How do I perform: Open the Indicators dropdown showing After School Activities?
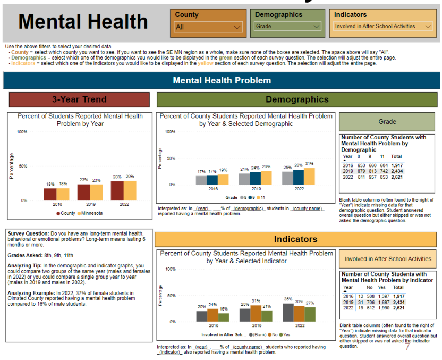pyautogui.click(x=382, y=26)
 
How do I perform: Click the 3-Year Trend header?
pyautogui.click(x=79, y=99)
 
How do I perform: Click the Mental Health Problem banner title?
pyautogui.click(x=222, y=81)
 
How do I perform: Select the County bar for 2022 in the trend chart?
pyautogui.click(x=117, y=190)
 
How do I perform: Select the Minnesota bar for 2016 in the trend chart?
pyautogui.click(x=63, y=194)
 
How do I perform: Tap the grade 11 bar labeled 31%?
pyautogui.click(x=309, y=176)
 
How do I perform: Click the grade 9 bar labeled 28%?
pyautogui.click(x=299, y=177)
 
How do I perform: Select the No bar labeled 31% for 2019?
pyautogui.click(x=256, y=313)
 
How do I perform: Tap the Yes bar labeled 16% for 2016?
pyautogui.click(x=223, y=317)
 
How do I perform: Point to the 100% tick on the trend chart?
pyautogui.click(x=22, y=132)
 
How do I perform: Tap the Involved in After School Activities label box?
pyautogui.click(x=388, y=259)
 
